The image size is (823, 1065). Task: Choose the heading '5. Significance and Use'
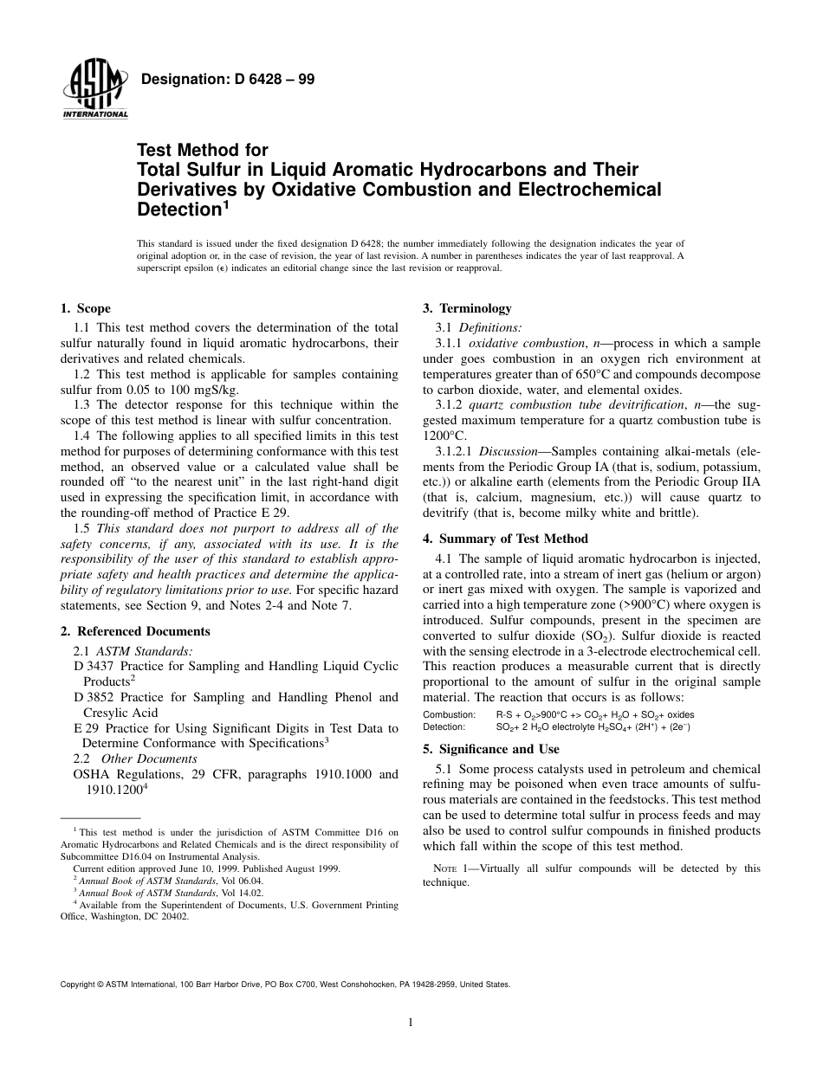pyautogui.click(x=490, y=749)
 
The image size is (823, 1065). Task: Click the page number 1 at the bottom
pyautogui.click(x=411, y=1023)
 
